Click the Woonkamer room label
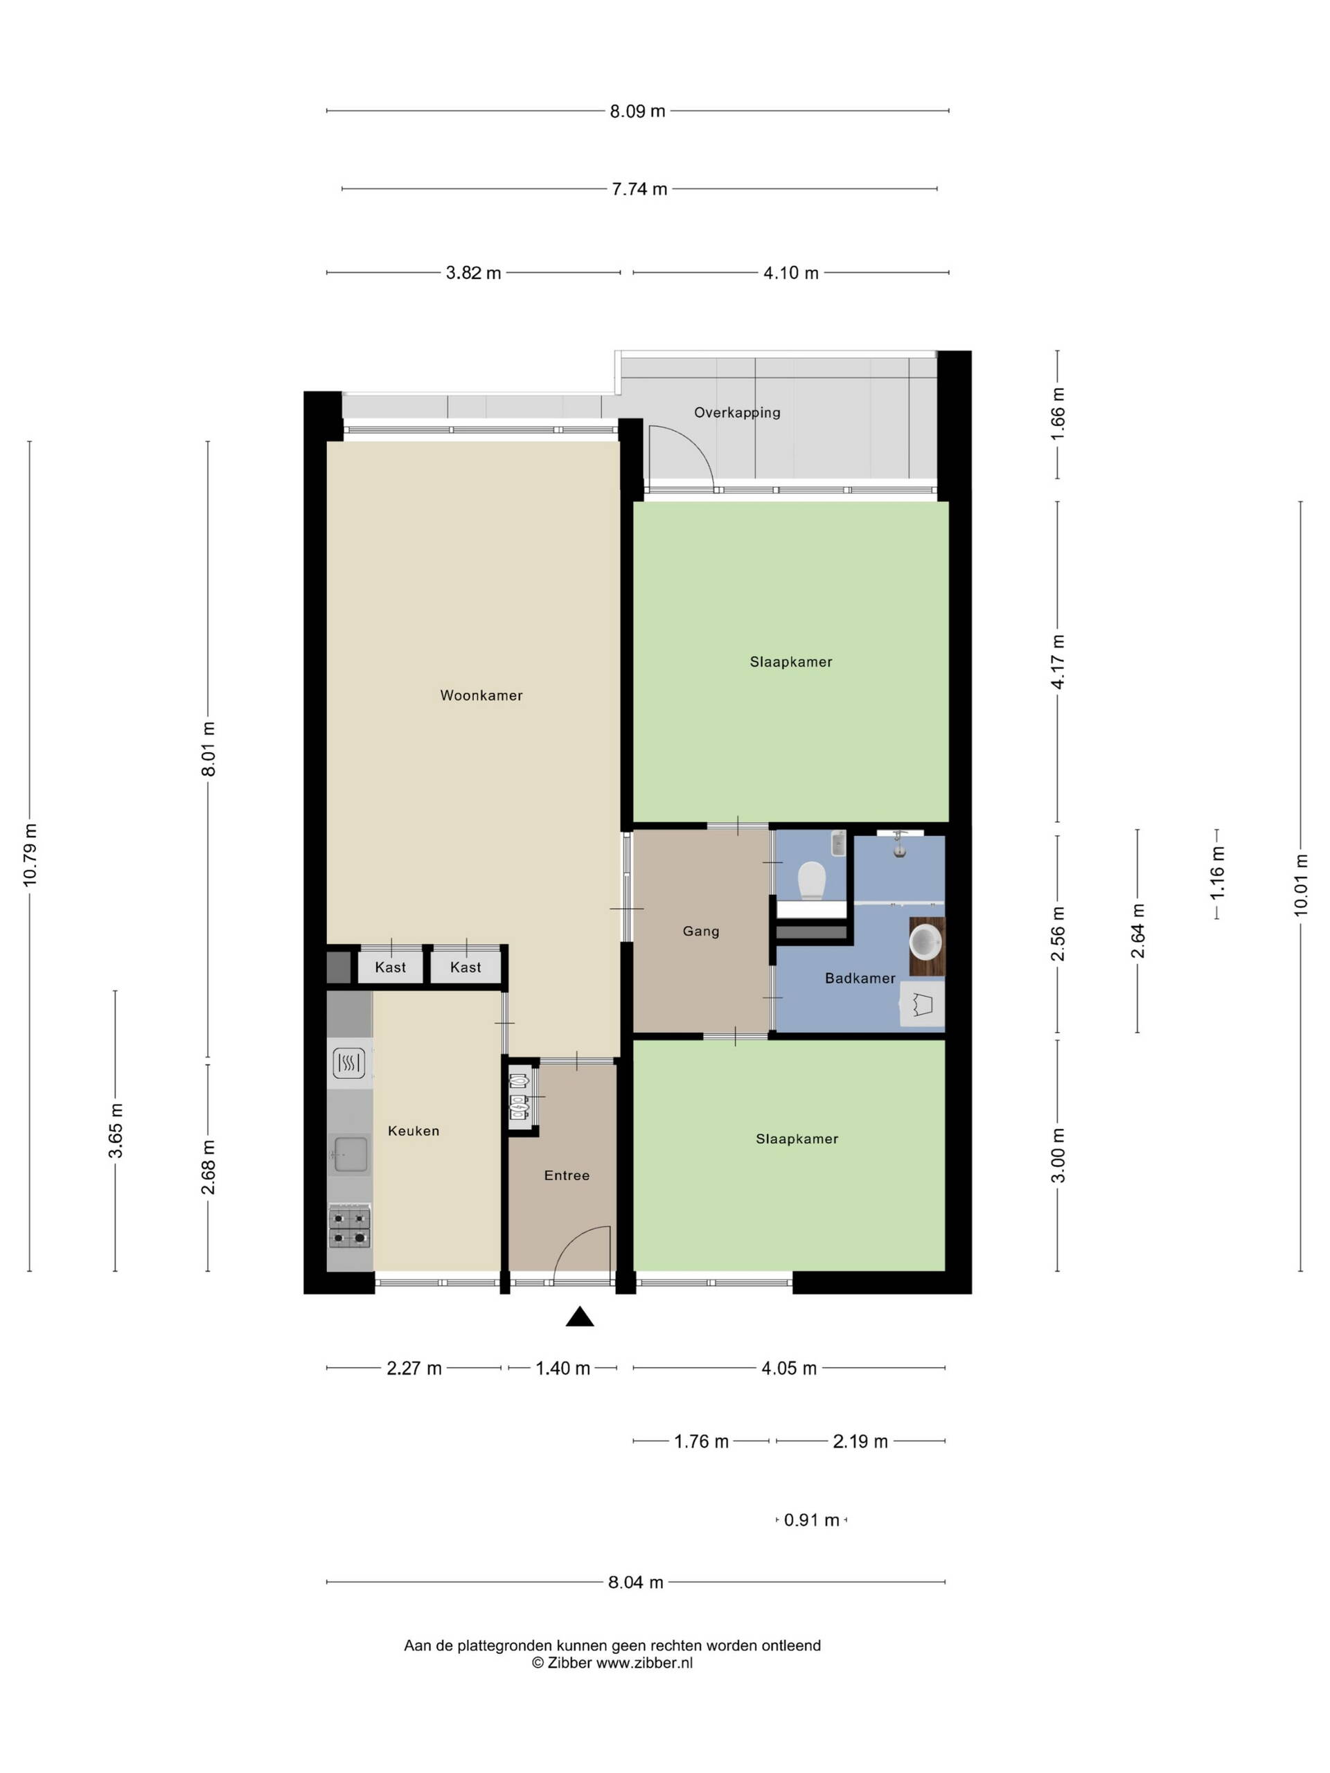pyautogui.click(x=481, y=696)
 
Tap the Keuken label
pyautogui.click(x=414, y=1131)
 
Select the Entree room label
pyautogui.click(x=567, y=1175)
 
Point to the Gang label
pyautogui.click(x=701, y=932)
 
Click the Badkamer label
pyautogui.click(x=860, y=978)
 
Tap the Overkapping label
pyautogui.click(x=737, y=413)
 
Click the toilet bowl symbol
pyautogui.click(x=812, y=881)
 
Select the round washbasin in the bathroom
pyautogui.click(x=925, y=942)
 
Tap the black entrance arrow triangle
pyautogui.click(x=580, y=1317)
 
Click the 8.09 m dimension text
pyautogui.click(x=637, y=112)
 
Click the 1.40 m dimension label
pyautogui.click(x=562, y=1369)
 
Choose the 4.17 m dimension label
pyautogui.click(x=1058, y=661)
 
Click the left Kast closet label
pyautogui.click(x=391, y=968)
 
